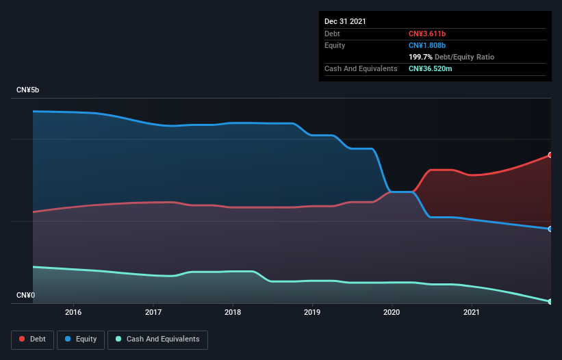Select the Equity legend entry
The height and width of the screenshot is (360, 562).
81,339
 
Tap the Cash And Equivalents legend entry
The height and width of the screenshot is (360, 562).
157,339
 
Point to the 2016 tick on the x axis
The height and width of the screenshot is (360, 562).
73,312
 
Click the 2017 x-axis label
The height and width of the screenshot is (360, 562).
153,312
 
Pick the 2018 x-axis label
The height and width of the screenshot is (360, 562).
233,312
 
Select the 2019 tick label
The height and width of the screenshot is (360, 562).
312,312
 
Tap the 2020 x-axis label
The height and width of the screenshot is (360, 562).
392,312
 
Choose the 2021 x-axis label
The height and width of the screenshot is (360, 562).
472,312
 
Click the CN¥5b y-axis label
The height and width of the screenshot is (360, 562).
29,90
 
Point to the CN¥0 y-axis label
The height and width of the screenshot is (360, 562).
26,296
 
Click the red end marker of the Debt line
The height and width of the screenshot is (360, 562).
550,155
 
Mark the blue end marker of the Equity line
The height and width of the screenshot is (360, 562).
550,229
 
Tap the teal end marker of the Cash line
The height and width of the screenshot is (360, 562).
550,301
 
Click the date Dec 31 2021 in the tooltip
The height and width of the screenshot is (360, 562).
345,21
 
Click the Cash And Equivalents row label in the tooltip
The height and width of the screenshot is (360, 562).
361,68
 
